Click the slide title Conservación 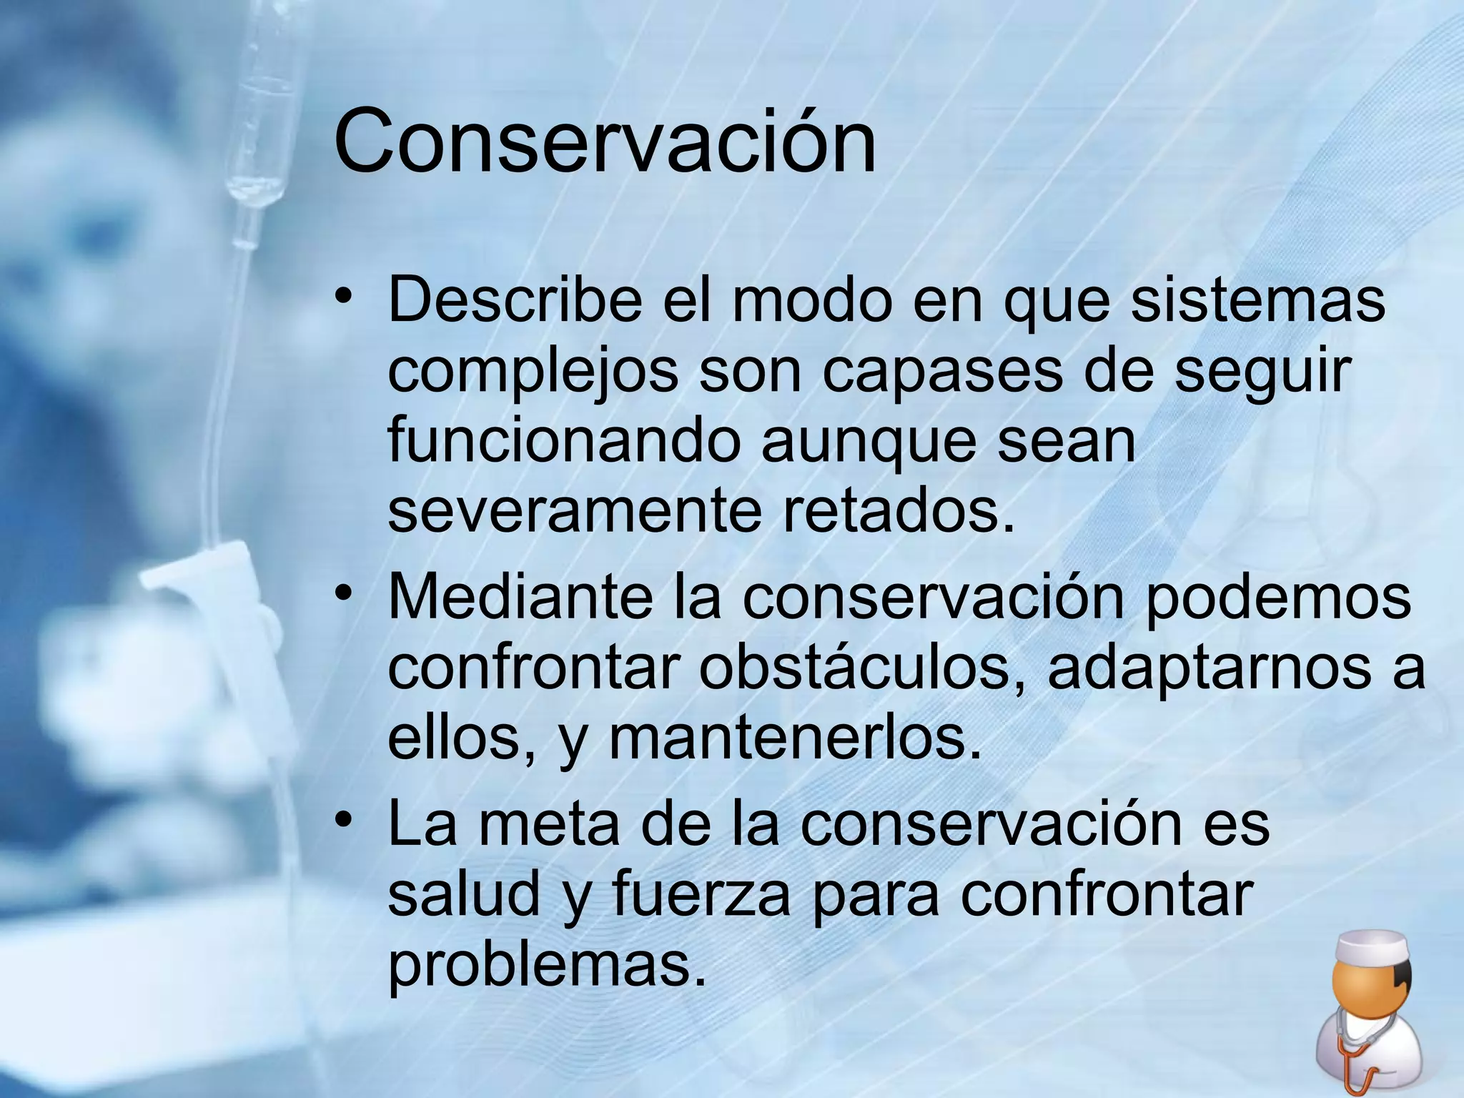(604, 141)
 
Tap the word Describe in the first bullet (515, 300)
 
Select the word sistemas (1257, 300)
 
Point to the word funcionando (564, 441)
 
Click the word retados (898, 511)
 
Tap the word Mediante (520, 597)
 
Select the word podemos (1278, 597)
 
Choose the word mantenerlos (795, 739)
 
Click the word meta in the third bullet (548, 824)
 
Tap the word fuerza (701, 894)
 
